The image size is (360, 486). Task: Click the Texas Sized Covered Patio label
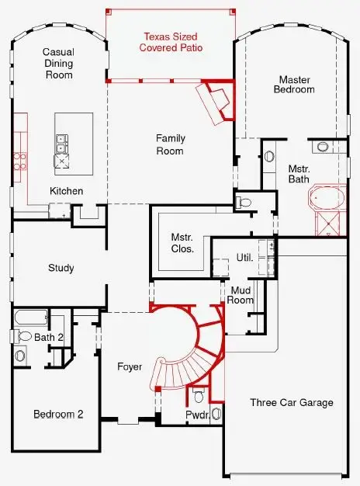click(168, 42)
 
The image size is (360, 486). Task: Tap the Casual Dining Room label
click(57, 64)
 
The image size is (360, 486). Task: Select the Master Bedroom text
click(296, 84)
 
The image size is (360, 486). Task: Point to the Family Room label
click(171, 144)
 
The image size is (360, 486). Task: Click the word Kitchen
click(67, 191)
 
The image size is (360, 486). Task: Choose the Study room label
click(61, 269)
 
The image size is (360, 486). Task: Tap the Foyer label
click(130, 366)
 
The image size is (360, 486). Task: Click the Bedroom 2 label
click(57, 415)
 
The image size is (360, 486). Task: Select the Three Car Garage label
click(291, 402)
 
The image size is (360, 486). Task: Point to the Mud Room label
click(241, 295)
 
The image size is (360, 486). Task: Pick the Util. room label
click(244, 256)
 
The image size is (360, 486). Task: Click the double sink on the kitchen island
click(61, 144)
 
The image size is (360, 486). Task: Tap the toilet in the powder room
click(199, 397)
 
